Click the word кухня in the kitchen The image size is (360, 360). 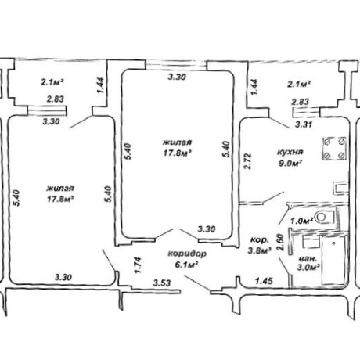tap(290, 153)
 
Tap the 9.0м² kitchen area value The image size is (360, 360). tap(290, 164)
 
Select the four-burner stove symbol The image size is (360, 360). tap(334, 149)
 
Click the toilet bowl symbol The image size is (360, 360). tap(324, 217)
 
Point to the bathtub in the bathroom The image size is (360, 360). tap(333, 261)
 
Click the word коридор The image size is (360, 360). tap(187, 254)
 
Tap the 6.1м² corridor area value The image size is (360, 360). tap(186, 265)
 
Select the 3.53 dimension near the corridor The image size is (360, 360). tap(162, 283)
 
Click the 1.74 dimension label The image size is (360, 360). tap(138, 265)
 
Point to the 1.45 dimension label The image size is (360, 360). tap(264, 281)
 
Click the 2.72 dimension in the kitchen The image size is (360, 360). tap(248, 161)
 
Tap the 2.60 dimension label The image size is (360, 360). tap(280, 242)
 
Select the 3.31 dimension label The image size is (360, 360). tap(304, 124)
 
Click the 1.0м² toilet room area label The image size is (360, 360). tap(302, 221)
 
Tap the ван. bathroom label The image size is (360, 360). tap(308, 259)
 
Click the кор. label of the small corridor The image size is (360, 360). tap(259, 239)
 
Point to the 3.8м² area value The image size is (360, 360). tap(259, 250)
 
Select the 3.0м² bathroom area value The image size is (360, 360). tap(308, 268)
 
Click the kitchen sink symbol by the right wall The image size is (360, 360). tap(341, 188)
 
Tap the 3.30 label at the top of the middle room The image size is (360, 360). tap(177, 77)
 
